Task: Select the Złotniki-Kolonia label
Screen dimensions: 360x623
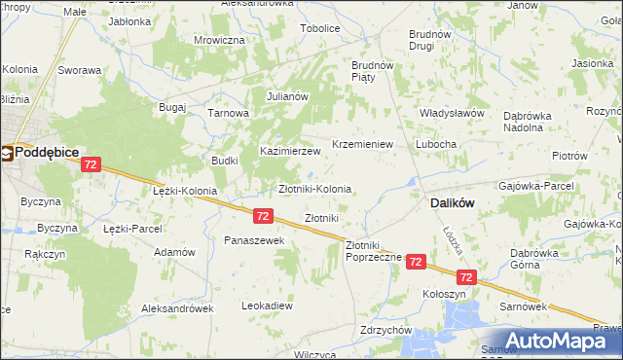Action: tap(315, 188)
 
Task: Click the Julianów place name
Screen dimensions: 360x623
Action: tap(287, 96)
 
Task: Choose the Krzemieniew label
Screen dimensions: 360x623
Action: tap(362, 143)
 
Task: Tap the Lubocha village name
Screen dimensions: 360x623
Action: tap(435, 143)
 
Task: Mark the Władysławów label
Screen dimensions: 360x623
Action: tap(452, 113)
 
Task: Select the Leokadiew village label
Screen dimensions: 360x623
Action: tap(267, 305)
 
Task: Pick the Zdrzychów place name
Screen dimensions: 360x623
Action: tap(385, 330)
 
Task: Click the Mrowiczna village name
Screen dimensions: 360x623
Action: tap(219, 40)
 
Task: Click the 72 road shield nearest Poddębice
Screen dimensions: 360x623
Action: tap(90, 166)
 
